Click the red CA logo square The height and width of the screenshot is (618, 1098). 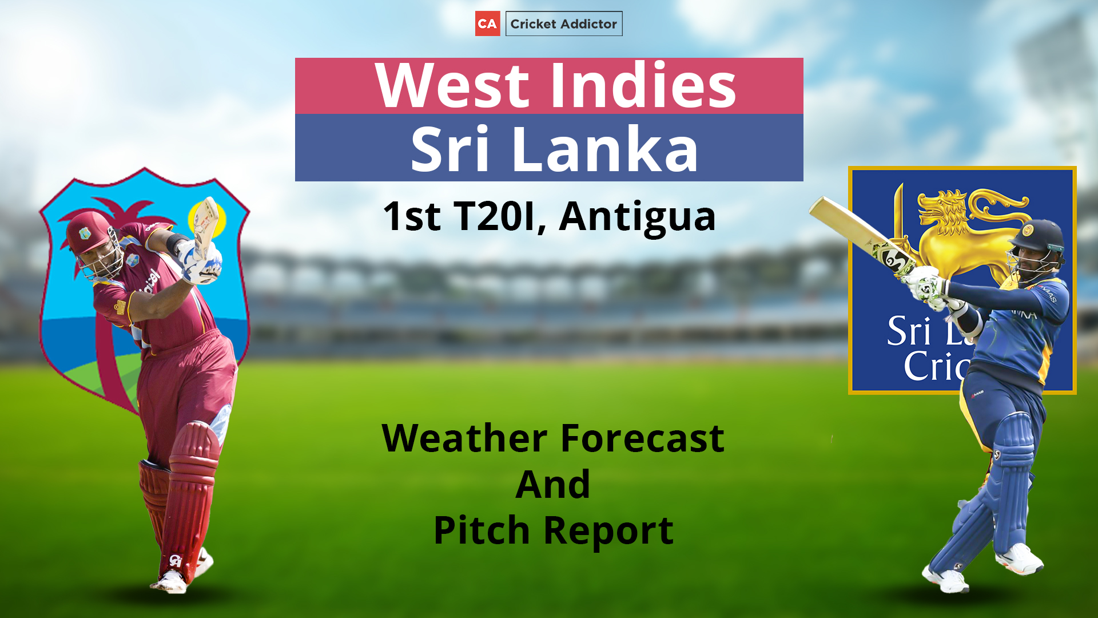(x=487, y=23)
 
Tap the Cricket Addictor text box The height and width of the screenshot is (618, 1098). (x=564, y=23)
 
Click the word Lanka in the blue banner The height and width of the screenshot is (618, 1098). (x=605, y=149)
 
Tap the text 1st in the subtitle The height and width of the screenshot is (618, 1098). (x=412, y=216)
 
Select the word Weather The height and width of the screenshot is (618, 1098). (x=465, y=438)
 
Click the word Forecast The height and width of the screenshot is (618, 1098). (x=642, y=438)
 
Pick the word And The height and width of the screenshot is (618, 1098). (x=552, y=484)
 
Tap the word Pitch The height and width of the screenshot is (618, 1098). (x=482, y=530)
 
